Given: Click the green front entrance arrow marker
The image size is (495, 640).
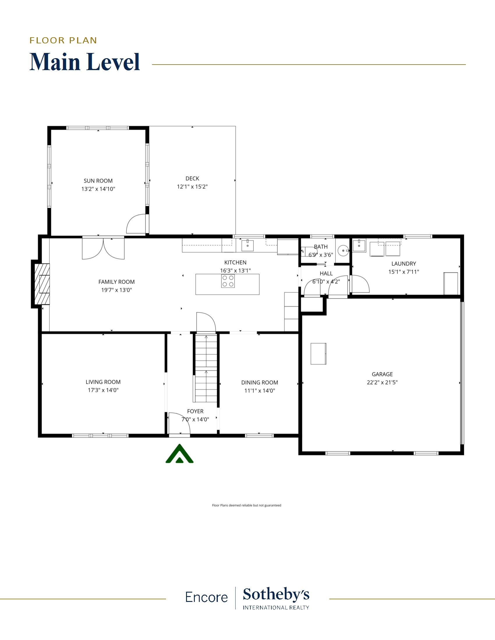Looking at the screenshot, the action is (x=179, y=454).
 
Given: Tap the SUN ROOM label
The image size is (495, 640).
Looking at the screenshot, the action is (x=98, y=181).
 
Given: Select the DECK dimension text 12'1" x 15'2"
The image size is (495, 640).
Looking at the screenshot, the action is (x=192, y=187).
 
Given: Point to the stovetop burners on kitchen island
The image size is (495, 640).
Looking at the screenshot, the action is (x=228, y=281).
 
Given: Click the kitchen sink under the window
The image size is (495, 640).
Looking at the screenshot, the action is (x=248, y=245).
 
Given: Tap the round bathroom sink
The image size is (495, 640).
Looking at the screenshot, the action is (x=343, y=251).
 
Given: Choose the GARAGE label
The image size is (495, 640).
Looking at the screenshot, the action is (x=382, y=374).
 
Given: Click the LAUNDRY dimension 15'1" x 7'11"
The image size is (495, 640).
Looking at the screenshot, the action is (x=404, y=272).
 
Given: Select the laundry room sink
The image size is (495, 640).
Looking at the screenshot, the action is (x=359, y=246).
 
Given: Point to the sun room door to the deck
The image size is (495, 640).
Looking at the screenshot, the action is (x=136, y=224).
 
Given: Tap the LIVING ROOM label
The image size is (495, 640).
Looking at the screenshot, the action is (x=103, y=382).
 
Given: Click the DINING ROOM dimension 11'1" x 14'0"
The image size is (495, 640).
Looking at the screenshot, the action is (x=260, y=391).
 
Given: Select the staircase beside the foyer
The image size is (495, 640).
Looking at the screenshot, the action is (x=206, y=368).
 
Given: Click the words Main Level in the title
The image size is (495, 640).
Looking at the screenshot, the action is (x=85, y=62).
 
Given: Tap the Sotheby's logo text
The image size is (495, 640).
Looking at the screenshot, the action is (x=276, y=594).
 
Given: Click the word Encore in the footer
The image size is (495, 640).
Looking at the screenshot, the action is (x=206, y=597).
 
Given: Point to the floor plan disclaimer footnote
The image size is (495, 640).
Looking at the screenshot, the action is (x=247, y=505).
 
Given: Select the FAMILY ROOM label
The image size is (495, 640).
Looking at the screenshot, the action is (x=116, y=282).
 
